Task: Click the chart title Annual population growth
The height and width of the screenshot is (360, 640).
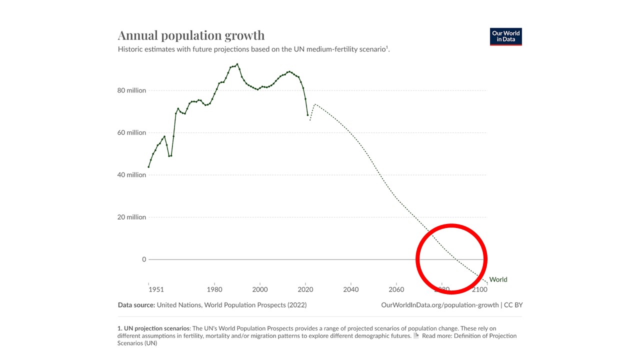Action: pos(191,35)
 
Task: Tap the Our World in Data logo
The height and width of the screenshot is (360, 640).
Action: pos(505,36)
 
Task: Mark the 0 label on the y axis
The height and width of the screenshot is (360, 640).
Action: pos(144,259)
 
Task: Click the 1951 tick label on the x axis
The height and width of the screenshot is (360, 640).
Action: pos(155,289)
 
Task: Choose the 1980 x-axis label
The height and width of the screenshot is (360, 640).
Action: pos(214,289)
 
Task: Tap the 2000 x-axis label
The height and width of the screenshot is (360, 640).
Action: pos(260,289)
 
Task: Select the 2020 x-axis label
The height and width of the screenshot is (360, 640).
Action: pos(305,289)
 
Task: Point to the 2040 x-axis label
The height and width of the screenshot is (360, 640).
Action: pos(351,289)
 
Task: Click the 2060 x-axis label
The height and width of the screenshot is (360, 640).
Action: pos(396,289)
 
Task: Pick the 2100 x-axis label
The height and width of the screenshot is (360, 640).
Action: pos(479,289)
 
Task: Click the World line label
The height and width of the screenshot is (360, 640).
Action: pos(498,279)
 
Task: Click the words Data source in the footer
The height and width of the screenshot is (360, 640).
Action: pos(136,305)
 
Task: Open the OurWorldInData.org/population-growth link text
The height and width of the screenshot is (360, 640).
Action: pos(439,305)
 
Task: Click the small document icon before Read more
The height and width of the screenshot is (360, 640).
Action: pos(416,335)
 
